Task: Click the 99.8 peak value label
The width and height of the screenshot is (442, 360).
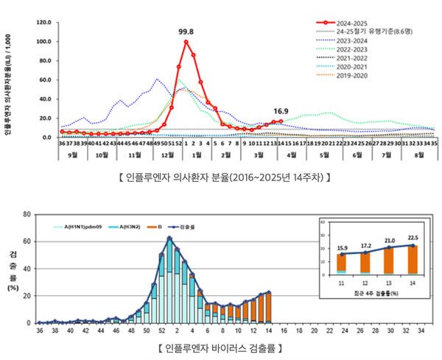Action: click(x=186, y=32)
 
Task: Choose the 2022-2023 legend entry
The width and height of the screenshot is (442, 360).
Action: click(x=351, y=49)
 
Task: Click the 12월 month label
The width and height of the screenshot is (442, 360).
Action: click(x=167, y=156)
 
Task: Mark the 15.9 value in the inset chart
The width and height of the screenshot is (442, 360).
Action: click(x=342, y=249)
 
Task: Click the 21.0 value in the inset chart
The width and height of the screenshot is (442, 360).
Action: click(x=389, y=240)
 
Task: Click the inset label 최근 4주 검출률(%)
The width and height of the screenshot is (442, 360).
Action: click(x=376, y=293)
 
